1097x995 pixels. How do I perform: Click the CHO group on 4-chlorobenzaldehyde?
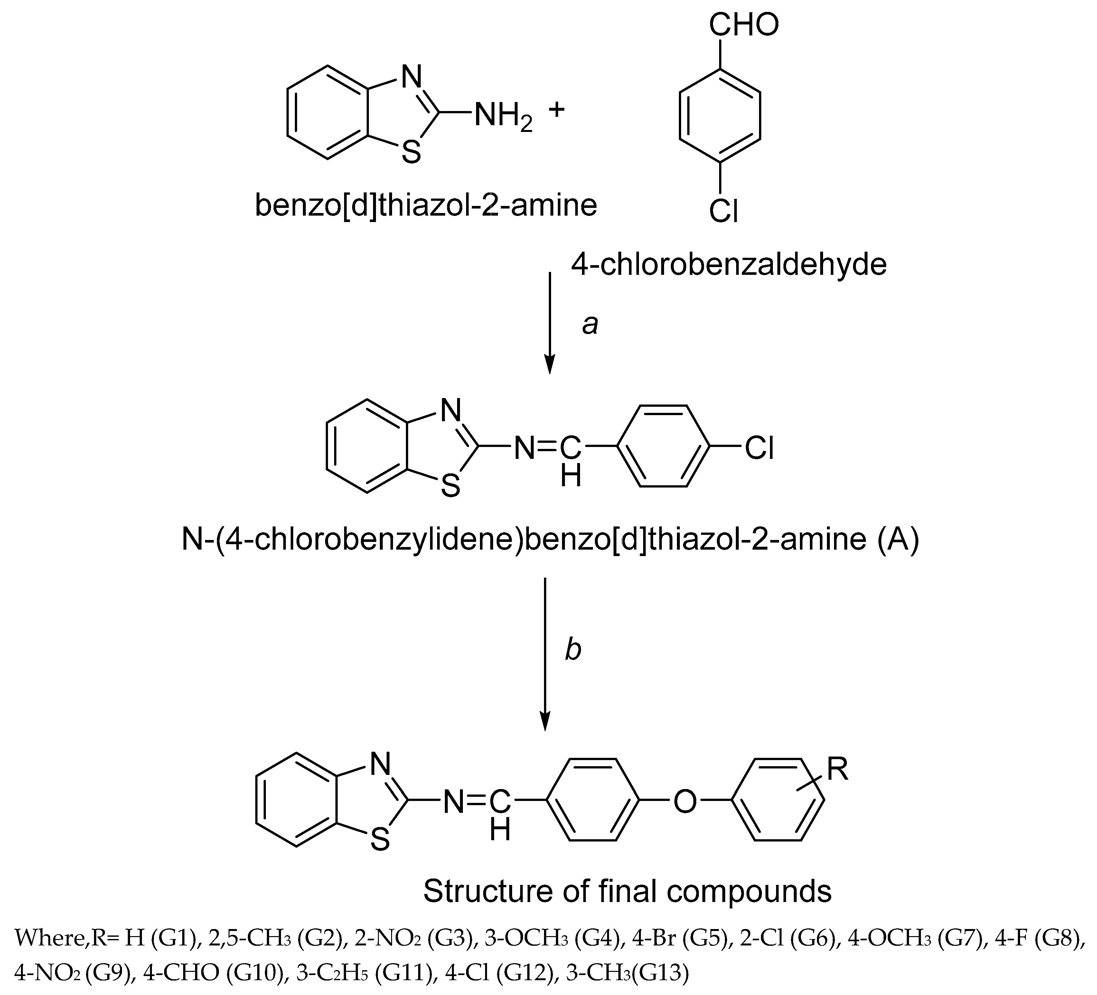(744, 25)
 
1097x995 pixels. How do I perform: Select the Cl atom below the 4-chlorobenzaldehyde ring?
(723, 211)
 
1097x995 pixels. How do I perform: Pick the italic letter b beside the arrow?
(573, 650)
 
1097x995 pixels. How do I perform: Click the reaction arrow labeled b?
(545, 653)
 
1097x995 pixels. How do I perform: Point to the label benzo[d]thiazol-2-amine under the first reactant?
(426, 206)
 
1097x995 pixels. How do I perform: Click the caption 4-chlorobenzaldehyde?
(729, 265)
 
